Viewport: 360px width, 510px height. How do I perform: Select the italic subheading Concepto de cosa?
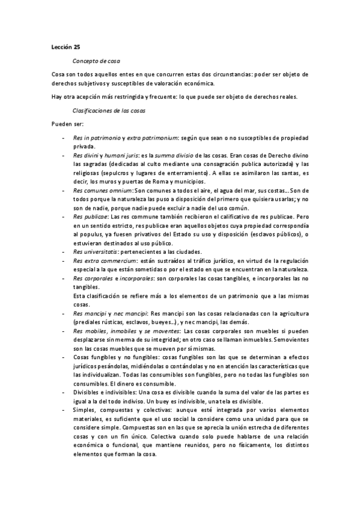(94, 61)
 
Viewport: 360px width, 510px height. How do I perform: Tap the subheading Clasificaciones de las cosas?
(108, 111)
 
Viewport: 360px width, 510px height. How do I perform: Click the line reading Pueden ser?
(69, 124)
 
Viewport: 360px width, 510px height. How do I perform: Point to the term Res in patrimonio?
(97, 138)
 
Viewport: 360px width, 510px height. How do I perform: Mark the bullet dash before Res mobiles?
(64, 331)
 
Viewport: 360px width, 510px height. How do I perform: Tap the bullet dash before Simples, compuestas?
(64, 410)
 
